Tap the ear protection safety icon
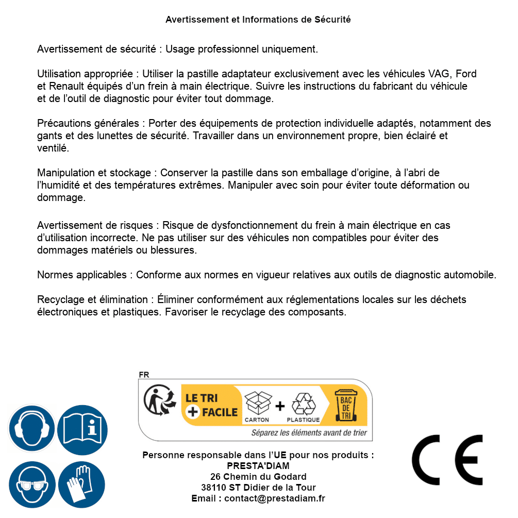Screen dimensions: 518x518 click(31, 428)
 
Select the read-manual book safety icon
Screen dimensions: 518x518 click(82, 428)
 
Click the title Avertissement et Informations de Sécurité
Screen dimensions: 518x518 click(258, 20)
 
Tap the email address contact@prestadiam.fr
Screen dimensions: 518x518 click(275, 498)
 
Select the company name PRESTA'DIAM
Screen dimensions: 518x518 click(258, 466)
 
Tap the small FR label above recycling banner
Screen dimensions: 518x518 click(144, 375)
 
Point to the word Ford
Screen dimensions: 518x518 click(466, 74)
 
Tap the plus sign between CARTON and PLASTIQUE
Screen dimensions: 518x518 click(280, 406)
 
